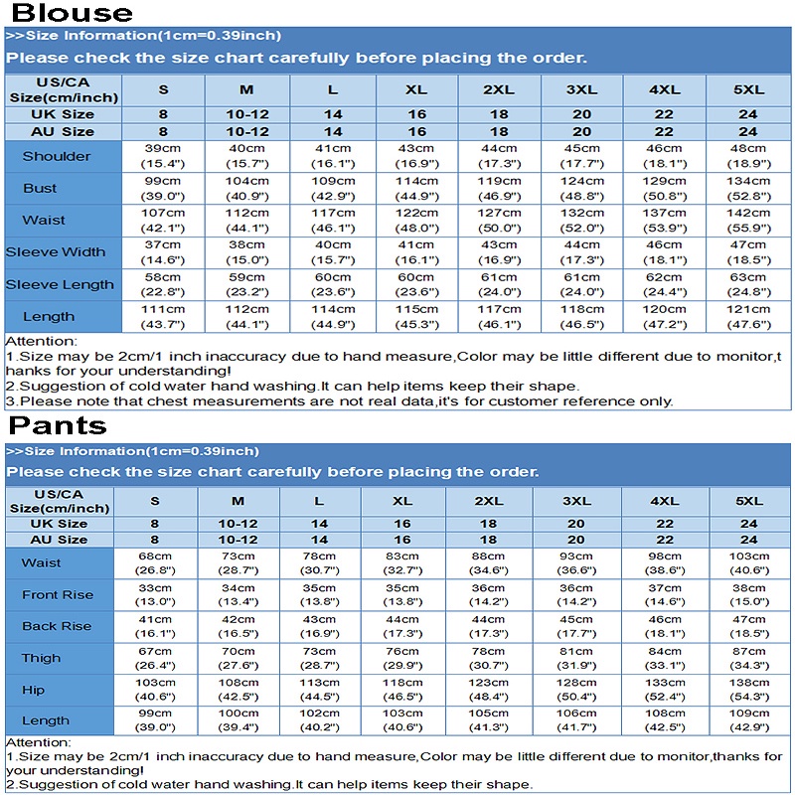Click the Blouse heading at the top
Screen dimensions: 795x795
72,13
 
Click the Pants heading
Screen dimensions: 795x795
58,425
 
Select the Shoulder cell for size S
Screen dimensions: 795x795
163,155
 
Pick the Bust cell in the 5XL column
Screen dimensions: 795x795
748,188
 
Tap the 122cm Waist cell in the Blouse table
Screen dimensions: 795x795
416,220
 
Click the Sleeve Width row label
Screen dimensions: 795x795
56,251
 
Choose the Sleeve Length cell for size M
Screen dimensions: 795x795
246,284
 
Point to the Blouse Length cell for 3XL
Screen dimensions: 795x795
581,316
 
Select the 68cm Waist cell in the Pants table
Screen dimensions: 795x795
155,562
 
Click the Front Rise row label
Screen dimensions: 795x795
58,594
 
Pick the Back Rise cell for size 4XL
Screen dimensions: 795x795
665,626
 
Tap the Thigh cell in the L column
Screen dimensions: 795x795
319,658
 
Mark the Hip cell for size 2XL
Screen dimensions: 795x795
489,690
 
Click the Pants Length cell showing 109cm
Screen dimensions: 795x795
748,720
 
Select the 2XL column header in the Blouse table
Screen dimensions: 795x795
499,89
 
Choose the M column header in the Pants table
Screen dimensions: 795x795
238,501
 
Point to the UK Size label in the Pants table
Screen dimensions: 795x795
58,524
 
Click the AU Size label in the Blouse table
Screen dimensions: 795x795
63,131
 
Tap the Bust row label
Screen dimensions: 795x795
41,188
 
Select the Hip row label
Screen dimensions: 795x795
33,690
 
